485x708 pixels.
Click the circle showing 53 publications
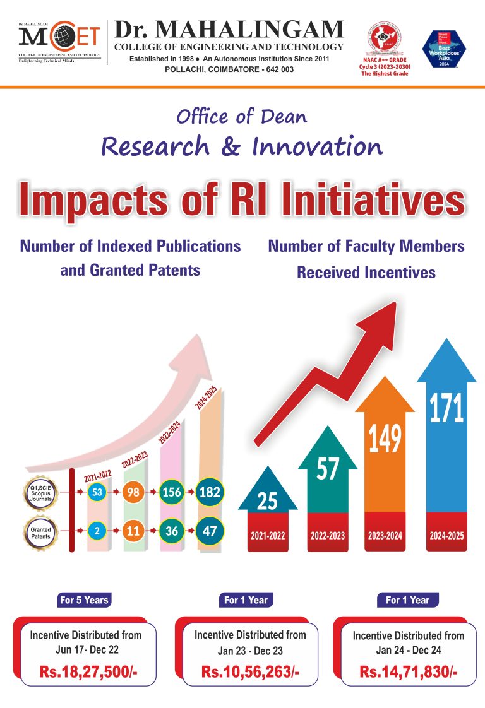coord(97,493)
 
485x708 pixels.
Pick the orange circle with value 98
coord(133,493)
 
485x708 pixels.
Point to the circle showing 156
coord(172,493)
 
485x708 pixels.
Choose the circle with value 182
coord(209,492)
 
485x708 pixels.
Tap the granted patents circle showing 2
coord(97,531)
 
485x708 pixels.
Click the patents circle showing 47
coord(209,531)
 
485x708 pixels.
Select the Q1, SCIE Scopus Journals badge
coord(40,493)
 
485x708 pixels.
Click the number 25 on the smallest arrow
coord(268,502)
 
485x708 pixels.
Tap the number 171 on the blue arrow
coord(446,409)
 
